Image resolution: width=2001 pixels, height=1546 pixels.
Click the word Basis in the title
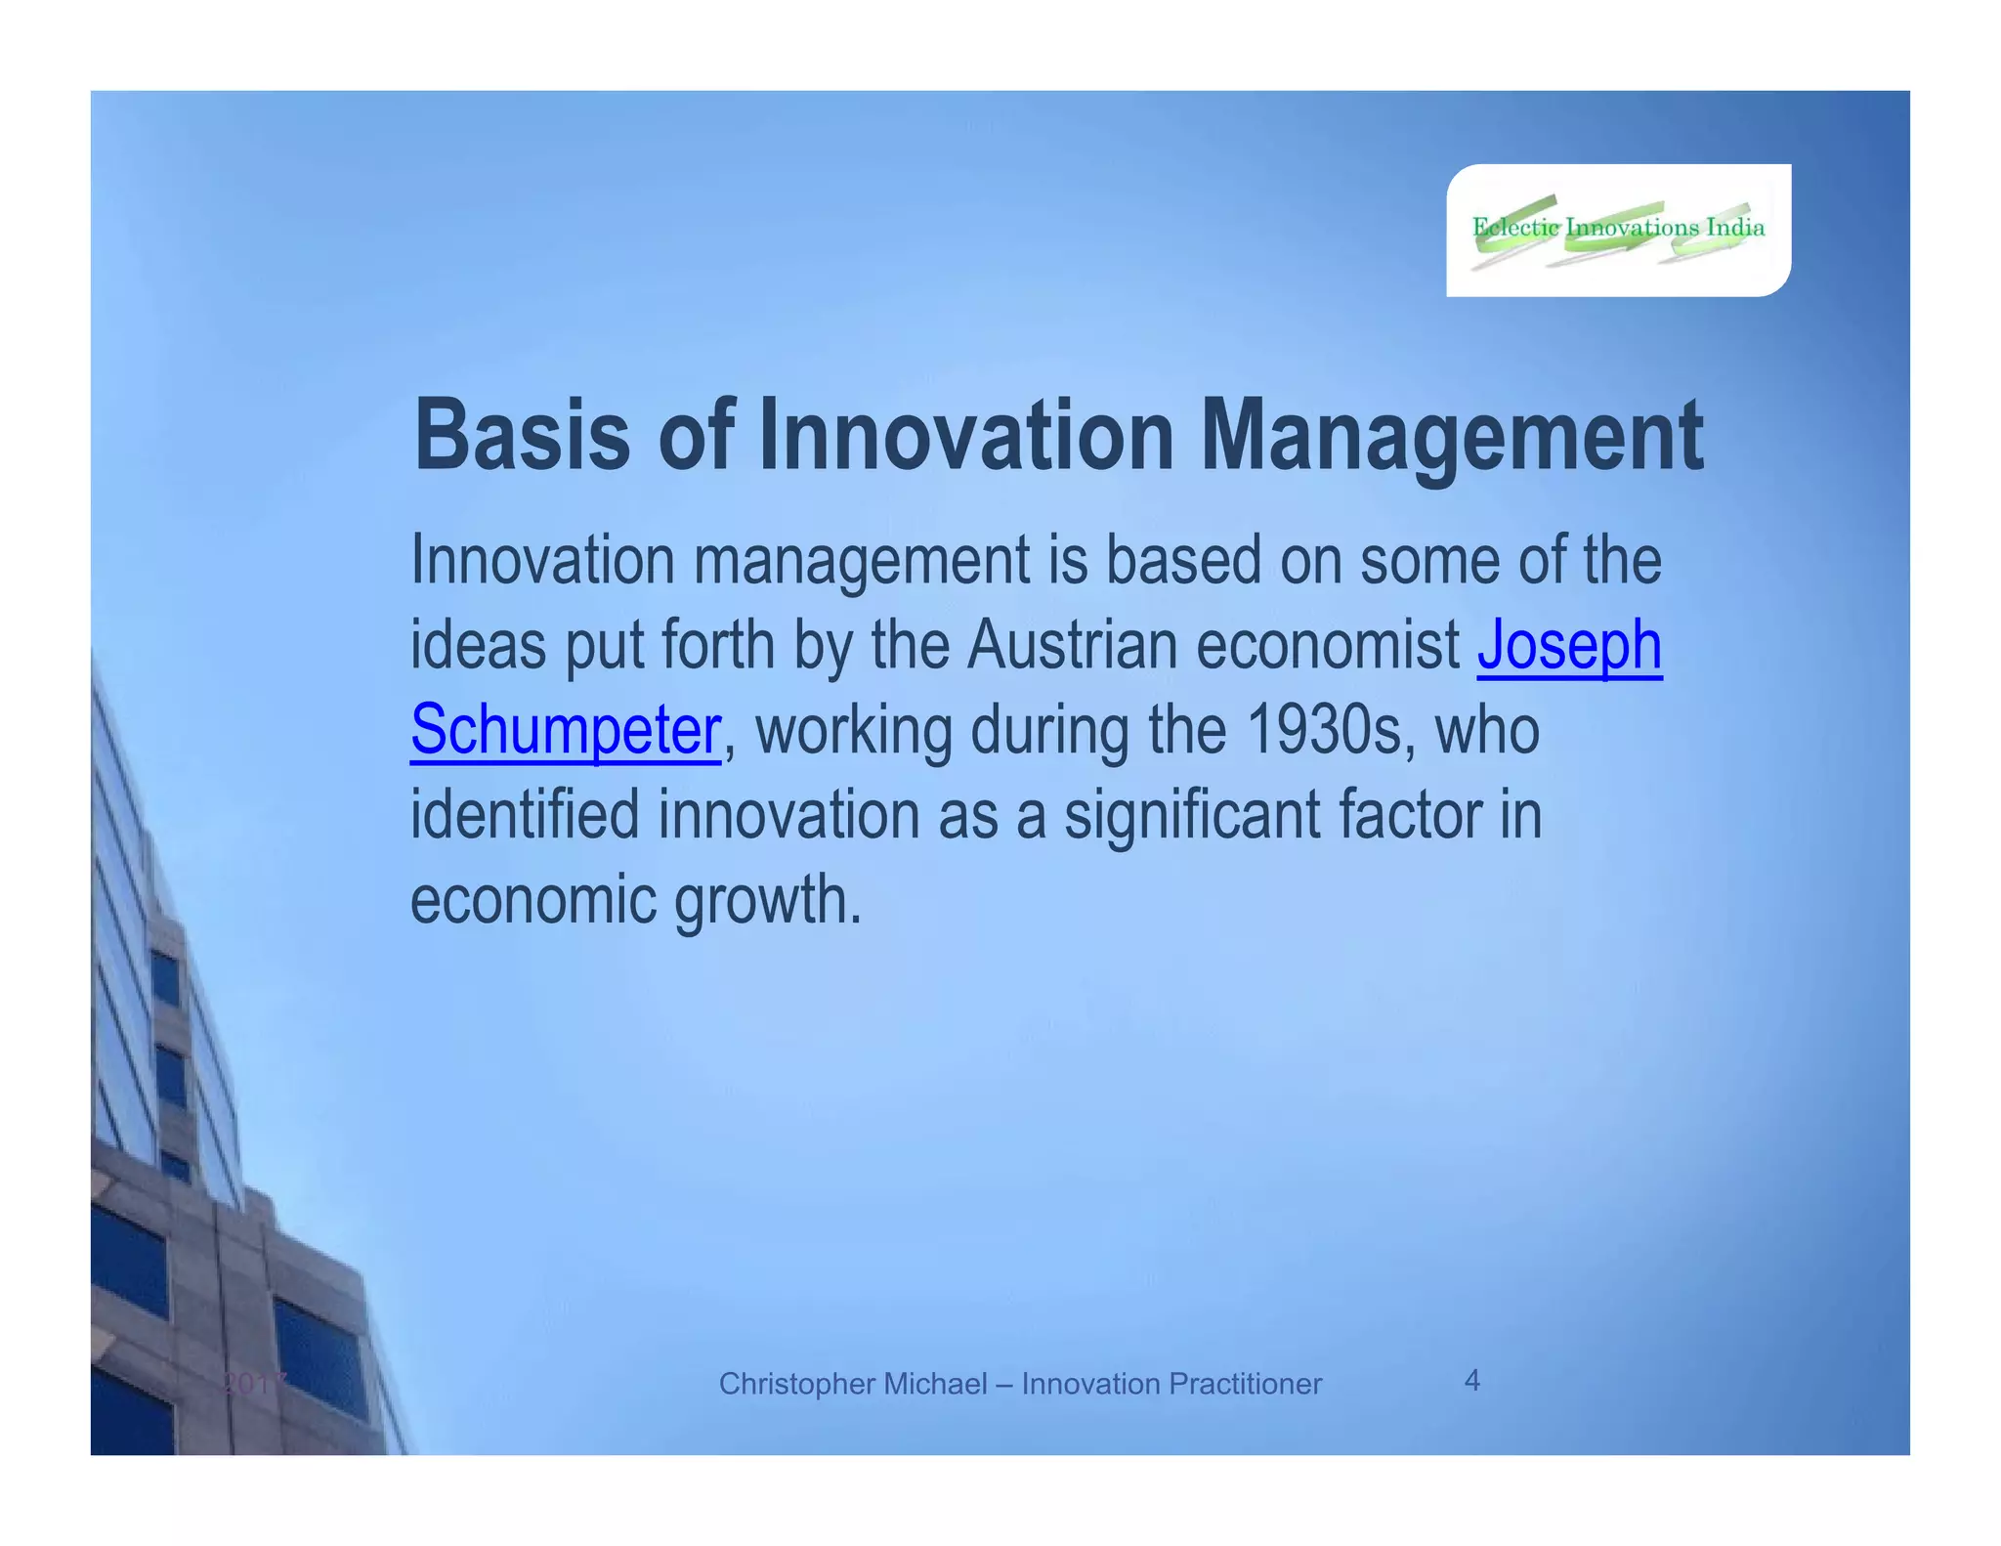522,436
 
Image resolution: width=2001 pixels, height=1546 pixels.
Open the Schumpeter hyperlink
565,730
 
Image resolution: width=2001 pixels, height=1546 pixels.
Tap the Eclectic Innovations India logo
1618,230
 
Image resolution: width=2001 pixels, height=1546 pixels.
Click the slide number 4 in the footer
1471,1380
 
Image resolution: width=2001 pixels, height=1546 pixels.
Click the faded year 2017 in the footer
252,1383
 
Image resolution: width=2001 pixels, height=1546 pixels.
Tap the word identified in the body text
524,815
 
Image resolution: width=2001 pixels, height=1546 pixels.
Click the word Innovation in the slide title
965,436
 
